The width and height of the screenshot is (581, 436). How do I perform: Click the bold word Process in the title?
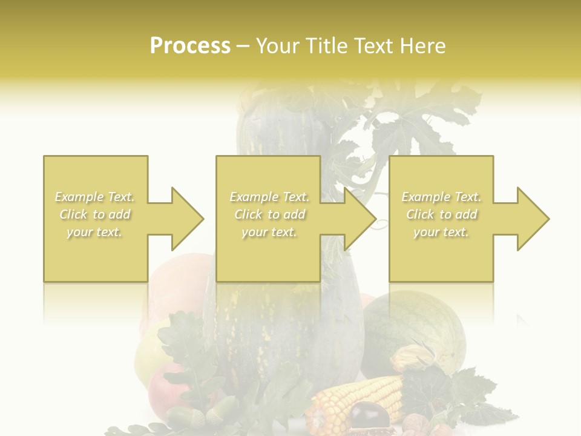190,45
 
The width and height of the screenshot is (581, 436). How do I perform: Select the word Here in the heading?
423,45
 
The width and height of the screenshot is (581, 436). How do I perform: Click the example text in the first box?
95,214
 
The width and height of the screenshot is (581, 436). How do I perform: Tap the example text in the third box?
441,214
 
